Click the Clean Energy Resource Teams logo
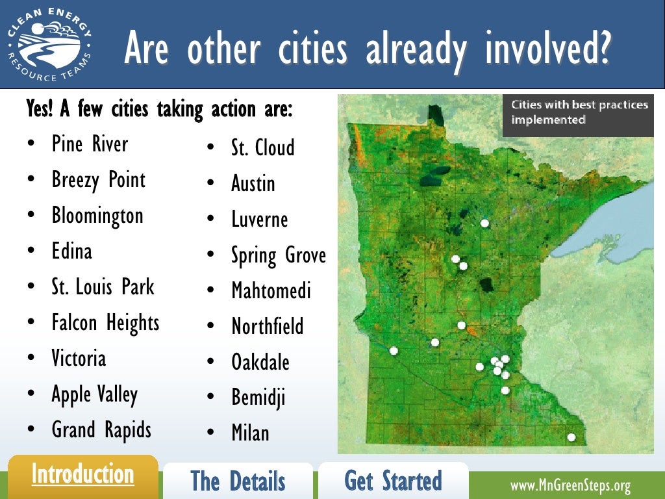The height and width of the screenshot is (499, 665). click(x=49, y=45)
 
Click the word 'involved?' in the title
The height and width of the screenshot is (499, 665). click(x=548, y=49)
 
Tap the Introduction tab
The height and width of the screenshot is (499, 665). click(x=82, y=475)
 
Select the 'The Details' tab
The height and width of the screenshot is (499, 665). click(x=238, y=481)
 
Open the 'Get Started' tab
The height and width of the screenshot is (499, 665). click(x=393, y=481)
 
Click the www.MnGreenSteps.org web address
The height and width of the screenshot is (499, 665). click(x=570, y=485)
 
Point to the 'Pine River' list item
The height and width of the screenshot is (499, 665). click(x=90, y=144)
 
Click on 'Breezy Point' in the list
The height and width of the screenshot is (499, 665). click(x=98, y=180)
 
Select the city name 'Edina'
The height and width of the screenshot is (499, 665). click(x=71, y=251)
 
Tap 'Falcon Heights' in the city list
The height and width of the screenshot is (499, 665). click(x=105, y=322)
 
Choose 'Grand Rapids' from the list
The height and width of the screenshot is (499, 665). click(x=101, y=429)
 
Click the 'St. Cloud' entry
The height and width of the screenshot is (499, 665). click(x=262, y=147)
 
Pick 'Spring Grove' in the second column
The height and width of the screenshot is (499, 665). click(x=278, y=255)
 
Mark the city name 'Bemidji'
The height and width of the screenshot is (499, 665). click(x=258, y=398)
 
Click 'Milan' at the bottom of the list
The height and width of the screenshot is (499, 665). click(x=250, y=433)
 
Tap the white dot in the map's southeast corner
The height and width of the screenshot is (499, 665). click(x=571, y=437)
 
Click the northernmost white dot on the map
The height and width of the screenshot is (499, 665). click(x=484, y=223)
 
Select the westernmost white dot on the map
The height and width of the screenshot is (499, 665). click(x=394, y=351)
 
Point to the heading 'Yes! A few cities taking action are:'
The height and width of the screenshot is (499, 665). click(x=159, y=109)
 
